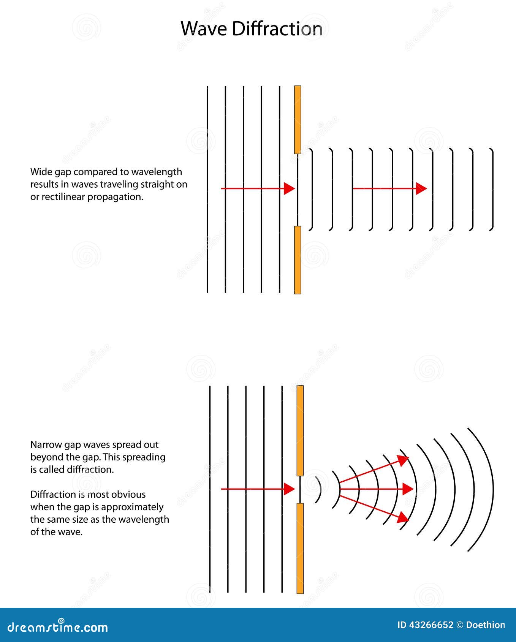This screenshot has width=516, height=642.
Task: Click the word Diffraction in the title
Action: point(277,29)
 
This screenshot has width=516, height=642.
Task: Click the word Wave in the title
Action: point(204,29)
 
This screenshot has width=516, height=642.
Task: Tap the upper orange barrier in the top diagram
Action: point(298,119)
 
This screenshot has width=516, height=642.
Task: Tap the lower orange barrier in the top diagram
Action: point(298,260)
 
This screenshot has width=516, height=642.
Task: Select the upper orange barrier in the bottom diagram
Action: point(300,430)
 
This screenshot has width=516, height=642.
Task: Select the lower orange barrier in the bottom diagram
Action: point(300,548)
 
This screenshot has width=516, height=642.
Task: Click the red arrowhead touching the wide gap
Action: point(290,188)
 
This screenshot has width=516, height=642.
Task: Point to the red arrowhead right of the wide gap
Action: point(421,188)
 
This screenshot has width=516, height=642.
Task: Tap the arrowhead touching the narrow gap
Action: point(290,489)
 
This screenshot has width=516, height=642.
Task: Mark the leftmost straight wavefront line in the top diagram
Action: point(207,190)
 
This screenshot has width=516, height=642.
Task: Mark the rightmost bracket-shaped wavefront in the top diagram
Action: point(493,189)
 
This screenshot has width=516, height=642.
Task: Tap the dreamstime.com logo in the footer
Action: point(58,627)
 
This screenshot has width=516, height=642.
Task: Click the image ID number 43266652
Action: point(431,625)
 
